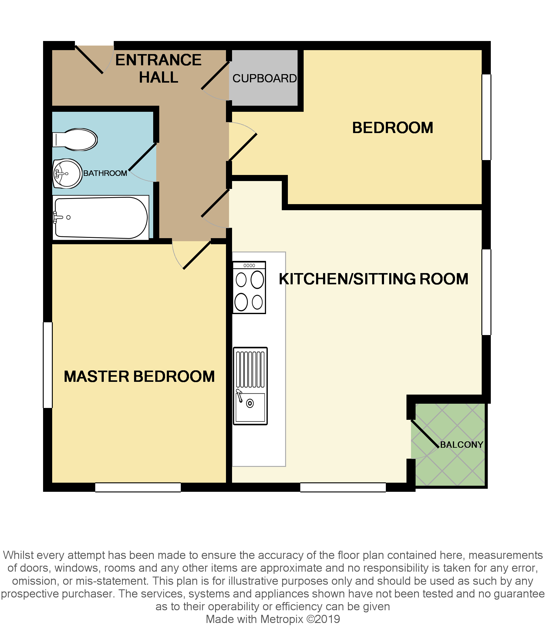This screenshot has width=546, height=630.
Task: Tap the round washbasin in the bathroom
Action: (67, 173)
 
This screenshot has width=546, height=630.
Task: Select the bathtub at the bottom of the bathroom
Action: (100, 217)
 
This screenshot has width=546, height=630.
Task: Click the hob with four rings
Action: (249, 287)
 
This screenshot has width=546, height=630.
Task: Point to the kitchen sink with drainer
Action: (250, 386)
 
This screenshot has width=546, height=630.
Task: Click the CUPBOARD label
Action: (265, 78)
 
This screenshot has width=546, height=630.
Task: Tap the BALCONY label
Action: (462, 445)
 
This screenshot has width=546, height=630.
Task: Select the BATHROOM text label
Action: (105, 173)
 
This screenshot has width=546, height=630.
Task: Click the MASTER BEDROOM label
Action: (139, 376)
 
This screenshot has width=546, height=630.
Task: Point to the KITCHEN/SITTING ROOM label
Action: (373, 279)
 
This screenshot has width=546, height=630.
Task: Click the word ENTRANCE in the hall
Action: (158, 60)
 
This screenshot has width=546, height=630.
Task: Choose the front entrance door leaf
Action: (89, 60)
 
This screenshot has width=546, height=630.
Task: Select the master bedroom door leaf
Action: (197, 255)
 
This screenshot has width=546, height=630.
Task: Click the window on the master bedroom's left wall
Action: (48, 365)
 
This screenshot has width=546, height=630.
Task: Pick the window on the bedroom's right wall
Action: (486, 117)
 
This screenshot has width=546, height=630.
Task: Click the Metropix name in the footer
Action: (282, 619)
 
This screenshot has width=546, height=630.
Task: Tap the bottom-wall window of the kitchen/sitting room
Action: (343, 487)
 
